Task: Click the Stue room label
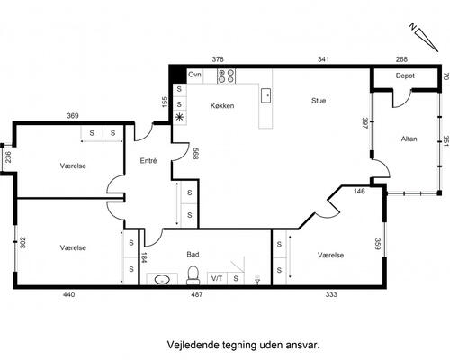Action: pyautogui.click(x=319, y=101)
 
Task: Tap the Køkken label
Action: pyautogui.click(x=222, y=105)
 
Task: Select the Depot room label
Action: pyautogui.click(x=405, y=76)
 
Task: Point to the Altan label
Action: pyautogui.click(x=409, y=139)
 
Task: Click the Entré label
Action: pyautogui.click(x=148, y=161)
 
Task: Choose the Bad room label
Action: pyautogui.click(x=193, y=255)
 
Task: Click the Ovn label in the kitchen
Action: pyautogui.click(x=194, y=75)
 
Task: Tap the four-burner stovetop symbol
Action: pyautogui.click(x=226, y=76)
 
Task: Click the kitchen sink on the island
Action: pyautogui.click(x=266, y=95)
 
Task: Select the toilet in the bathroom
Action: pyautogui.click(x=193, y=275)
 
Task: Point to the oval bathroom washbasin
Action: pyautogui.click(x=162, y=280)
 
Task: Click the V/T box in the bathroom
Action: pyautogui.click(x=217, y=278)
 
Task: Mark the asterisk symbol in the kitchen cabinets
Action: pyautogui.click(x=179, y=117)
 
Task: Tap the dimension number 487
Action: pyautogui.click(x=197, y=294)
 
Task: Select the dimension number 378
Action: pyautogui.click(x=218, y=59)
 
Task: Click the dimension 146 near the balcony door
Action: pyautogui.click(x=359, y=191)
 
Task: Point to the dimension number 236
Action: pyautogui.click(x=8, y=157)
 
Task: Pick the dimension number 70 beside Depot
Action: pyautogui.click(x=445, y=76)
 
